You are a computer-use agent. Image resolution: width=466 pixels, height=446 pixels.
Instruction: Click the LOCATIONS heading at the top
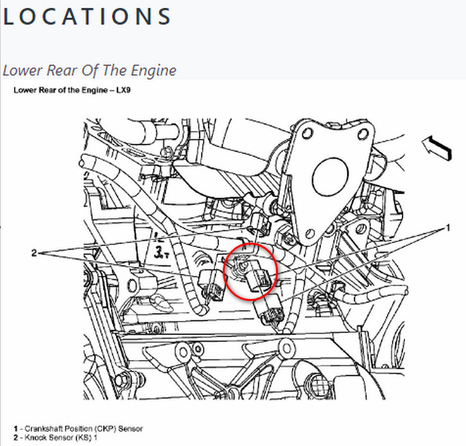[87, 17]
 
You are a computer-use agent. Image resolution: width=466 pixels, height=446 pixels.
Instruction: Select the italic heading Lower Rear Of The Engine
[89, 69]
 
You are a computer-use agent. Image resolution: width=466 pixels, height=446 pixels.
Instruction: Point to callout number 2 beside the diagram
[34, 253]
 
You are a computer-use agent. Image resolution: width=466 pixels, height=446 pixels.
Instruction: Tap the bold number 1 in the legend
[15, 428]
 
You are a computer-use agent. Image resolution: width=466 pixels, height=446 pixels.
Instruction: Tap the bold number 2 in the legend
[15, 436]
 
